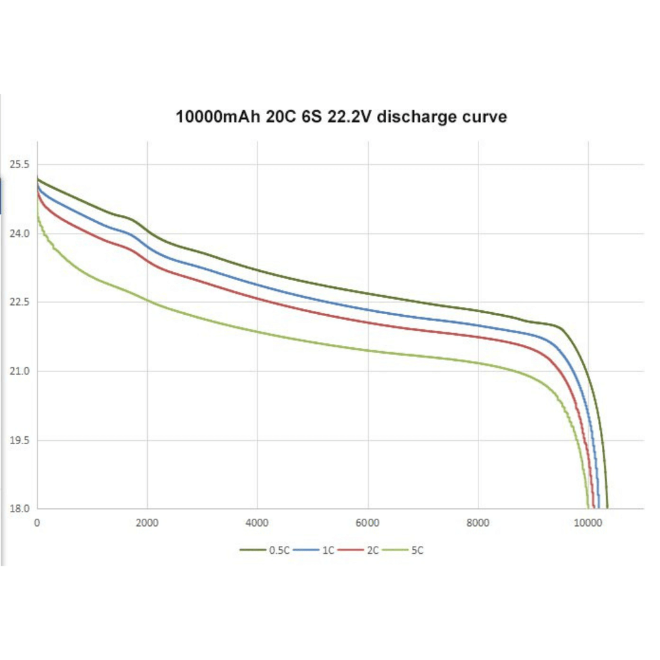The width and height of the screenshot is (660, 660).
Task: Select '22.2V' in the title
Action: tap(350, 117)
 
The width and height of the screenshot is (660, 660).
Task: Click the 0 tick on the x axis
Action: tap(37, 523)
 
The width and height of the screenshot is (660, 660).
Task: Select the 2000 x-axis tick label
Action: tap(147, 523)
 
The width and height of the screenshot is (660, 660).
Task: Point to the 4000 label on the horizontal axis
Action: tap(257, 523)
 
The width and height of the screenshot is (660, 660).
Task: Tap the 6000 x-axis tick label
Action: tap(367, 523)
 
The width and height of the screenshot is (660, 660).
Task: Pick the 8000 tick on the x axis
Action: tap(477, 523)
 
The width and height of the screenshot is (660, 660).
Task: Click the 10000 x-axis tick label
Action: tap(587, 523)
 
